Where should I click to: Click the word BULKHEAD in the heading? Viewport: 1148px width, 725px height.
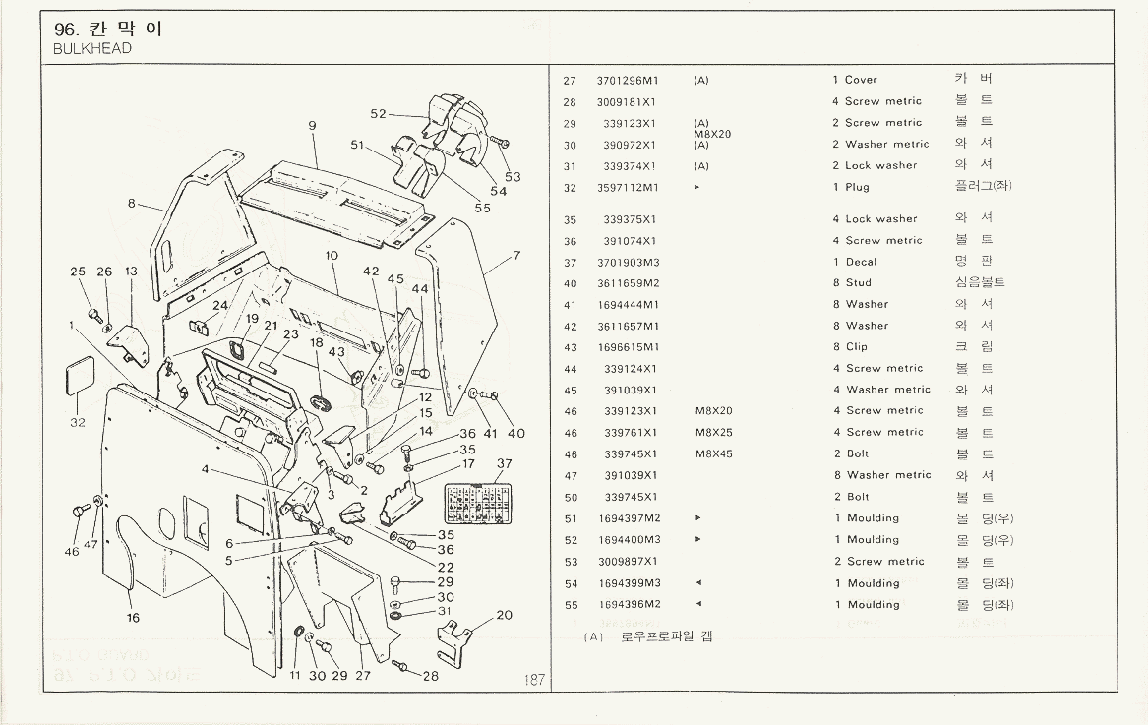click(x=92, y=48)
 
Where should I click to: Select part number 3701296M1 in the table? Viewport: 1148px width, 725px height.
click(x=627, y=80)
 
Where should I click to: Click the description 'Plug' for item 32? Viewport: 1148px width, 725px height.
click(x=857, y=187)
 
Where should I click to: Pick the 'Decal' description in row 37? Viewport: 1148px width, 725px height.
click(x=861, y=262)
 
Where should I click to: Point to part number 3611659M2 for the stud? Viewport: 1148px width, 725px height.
click(x=627, y=283)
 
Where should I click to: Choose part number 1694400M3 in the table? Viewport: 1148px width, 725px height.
click(x=629, y=540)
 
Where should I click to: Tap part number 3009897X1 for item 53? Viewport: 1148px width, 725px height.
click(x=627, y=562)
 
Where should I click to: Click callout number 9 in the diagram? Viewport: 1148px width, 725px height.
click(x=311, y=125)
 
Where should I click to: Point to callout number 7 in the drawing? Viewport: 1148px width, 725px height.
click(x=515, y=256)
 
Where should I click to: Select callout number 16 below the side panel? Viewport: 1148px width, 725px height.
click(x=133, y=618)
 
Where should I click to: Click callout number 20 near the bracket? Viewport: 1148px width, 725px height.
click(x=504, y=615)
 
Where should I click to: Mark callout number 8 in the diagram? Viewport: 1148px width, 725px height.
click(x=131, y=204)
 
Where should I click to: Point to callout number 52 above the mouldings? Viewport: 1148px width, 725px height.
click(x=379, y=114)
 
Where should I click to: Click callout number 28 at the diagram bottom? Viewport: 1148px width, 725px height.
click(x=431, y=676)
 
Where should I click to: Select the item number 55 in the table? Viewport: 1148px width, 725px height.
click(x=570, y=605)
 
